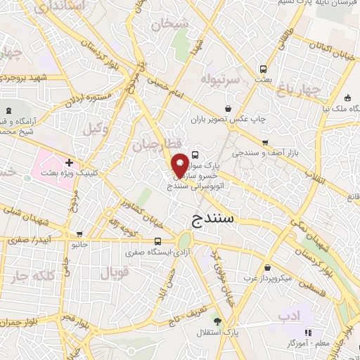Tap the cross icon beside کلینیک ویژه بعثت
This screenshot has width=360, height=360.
(68, 162)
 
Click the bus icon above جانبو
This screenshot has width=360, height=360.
(79, 234)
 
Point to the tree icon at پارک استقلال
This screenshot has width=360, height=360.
(226, 321)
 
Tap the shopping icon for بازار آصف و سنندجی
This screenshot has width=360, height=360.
(264, 141)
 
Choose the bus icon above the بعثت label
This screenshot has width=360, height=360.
(263, 70)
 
